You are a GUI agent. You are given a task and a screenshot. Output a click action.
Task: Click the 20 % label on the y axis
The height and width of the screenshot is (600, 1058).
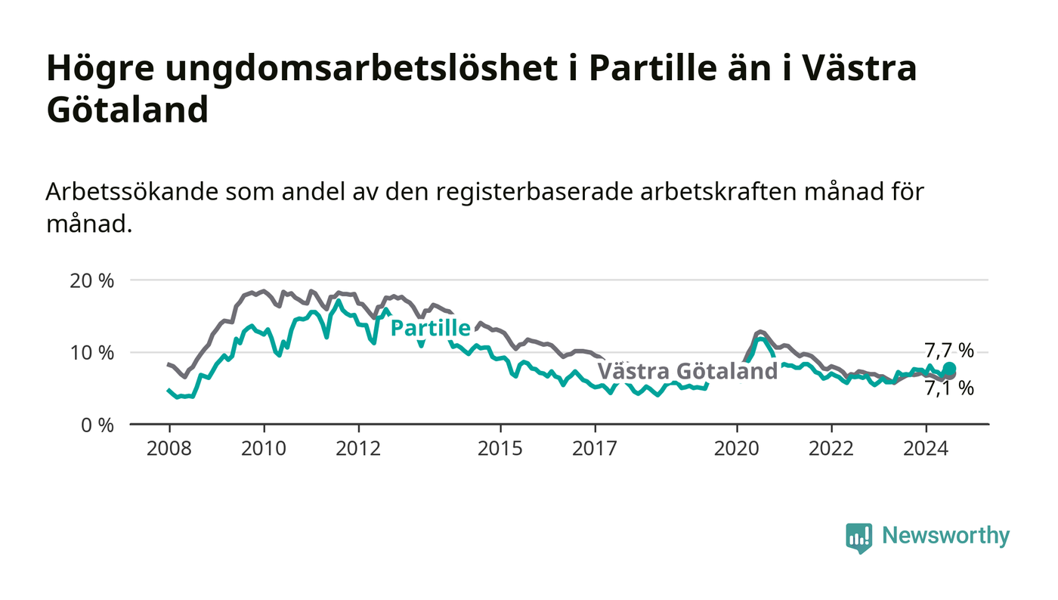tap(91, 281)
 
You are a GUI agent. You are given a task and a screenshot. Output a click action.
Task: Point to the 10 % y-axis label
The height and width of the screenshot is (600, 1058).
tap(91, 353)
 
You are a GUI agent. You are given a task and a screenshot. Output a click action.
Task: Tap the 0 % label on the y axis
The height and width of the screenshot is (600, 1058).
tap(97, 425)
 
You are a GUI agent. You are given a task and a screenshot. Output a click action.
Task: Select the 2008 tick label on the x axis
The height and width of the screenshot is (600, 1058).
tap(169, 448)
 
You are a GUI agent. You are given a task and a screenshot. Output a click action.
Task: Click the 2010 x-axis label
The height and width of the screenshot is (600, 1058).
tap(264, 448)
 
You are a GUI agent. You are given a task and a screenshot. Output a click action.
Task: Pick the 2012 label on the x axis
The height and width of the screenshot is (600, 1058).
tap(358, 448)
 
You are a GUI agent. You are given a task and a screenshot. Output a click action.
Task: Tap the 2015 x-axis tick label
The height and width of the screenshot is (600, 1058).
tap(500, 448)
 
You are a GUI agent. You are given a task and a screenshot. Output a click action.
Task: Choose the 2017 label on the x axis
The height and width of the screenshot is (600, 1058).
tap(595, 448)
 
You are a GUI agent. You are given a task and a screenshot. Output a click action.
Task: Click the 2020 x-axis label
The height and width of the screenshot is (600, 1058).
tap(736, 448)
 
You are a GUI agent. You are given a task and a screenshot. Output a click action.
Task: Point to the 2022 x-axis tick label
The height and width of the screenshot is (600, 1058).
tap(831, 448)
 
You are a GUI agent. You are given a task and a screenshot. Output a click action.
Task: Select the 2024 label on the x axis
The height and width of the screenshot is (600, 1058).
tap(926, 448)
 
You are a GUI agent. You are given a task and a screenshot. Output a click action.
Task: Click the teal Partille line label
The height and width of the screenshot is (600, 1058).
tap(431, 328)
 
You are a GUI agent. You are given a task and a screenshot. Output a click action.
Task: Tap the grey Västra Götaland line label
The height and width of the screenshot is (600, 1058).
tap(688, 371)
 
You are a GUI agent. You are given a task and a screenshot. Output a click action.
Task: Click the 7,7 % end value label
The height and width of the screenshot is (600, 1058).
tap(949, 351)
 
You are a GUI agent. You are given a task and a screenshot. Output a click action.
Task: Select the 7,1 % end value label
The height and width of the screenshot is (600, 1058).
tap(949, 388)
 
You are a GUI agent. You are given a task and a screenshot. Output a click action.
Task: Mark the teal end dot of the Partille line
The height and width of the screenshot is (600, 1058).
tap(949, 369)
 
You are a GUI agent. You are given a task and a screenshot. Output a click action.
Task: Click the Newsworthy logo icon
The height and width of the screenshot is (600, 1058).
tap(858, 537)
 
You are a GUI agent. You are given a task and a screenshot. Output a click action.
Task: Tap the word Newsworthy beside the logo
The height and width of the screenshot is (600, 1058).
tap(945, 536)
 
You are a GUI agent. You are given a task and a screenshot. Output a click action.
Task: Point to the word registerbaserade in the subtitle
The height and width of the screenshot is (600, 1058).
tap(534, 192)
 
